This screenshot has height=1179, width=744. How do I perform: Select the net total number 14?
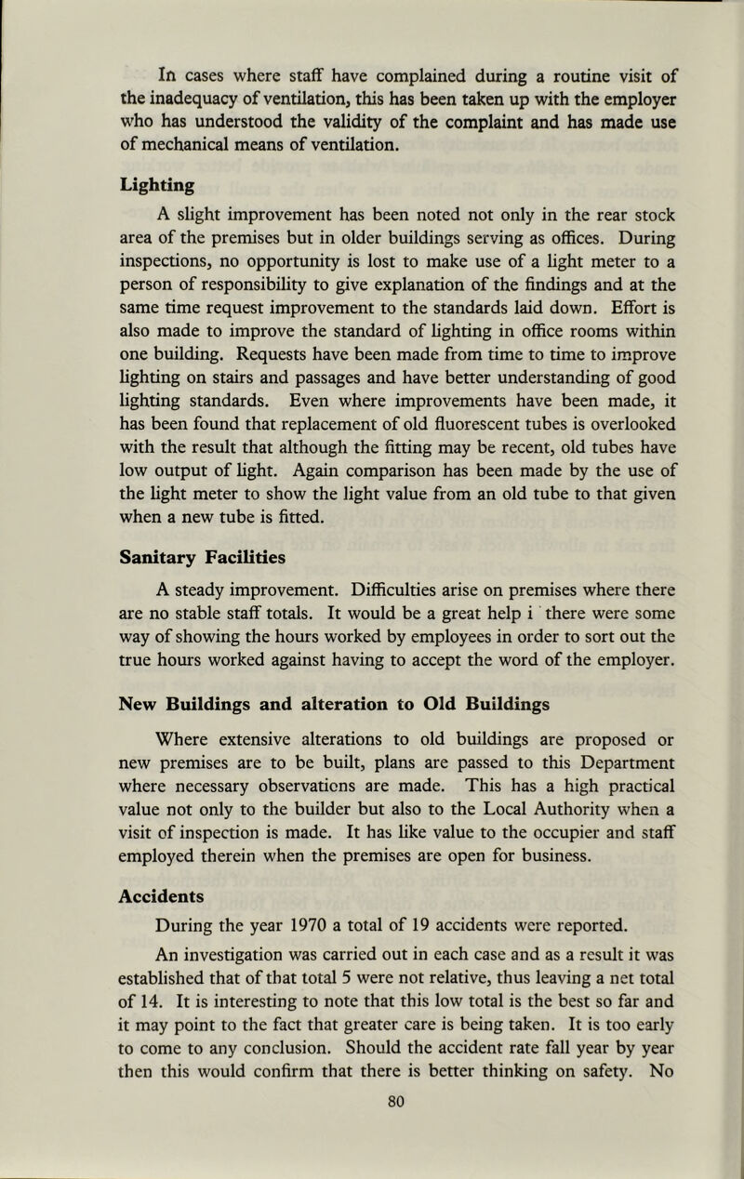click(x=86, y=971)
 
